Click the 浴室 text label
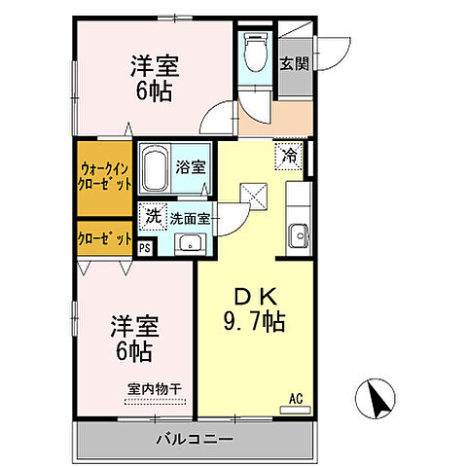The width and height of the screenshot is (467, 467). click(191, 166)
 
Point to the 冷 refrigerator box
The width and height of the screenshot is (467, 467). click(290, 155)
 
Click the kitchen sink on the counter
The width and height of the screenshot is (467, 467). click(298, 234)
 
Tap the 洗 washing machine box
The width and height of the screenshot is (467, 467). click(153, 217)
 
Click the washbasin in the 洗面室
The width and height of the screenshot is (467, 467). click(191, 242)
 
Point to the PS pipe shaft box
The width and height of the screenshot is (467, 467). click(145, 247)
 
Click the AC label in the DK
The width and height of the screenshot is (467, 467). click(296, 397)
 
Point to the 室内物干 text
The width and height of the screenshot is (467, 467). click(155, 389)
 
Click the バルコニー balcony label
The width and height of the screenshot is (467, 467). click(196, 440)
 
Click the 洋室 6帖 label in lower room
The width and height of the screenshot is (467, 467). click(135, 336)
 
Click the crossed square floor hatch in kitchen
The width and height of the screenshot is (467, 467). click(258, 197)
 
